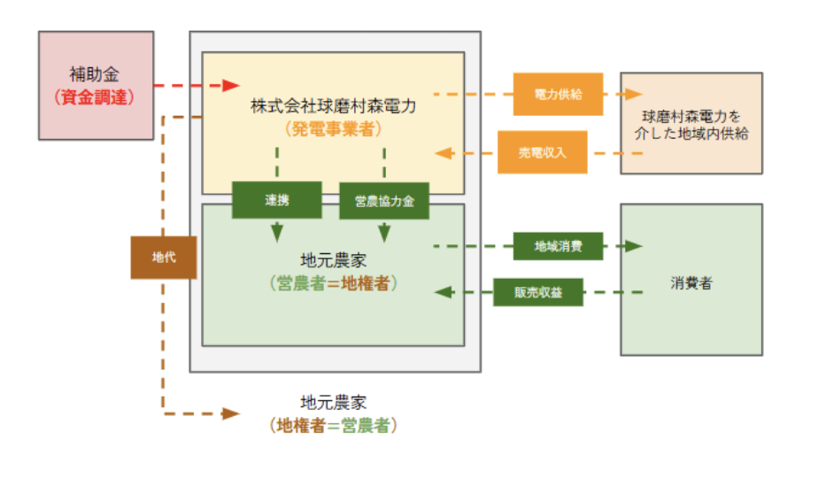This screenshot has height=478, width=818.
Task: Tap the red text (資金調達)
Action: (95, 97)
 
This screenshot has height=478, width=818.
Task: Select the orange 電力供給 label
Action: (558, 93)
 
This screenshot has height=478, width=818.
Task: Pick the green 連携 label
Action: (276, 200)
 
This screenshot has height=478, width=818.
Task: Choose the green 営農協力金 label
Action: (384, 201)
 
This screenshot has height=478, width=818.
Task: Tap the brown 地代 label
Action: (163, 258)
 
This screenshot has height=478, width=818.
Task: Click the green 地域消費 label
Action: (558, 246)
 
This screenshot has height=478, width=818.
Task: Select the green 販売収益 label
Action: (538, 291)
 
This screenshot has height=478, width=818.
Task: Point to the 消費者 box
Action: (691, 279)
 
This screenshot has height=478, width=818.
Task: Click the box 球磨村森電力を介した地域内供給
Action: (691, 123)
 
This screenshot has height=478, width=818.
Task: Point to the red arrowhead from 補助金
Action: (231, 86)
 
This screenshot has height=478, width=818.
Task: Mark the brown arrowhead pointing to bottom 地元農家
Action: (231, 412)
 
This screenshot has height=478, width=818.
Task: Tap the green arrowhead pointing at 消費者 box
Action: (633, 246)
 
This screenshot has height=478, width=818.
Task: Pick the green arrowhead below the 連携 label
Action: (277, 234)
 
